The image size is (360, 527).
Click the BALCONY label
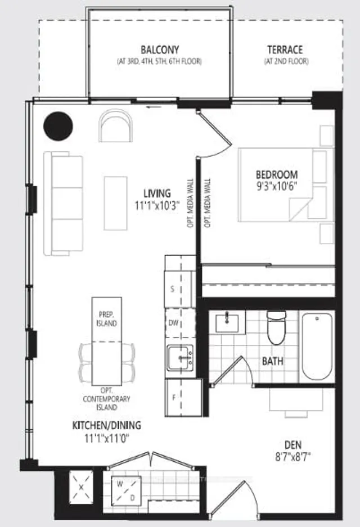156,49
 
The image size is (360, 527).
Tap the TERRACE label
285,49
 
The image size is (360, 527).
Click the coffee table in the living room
115,203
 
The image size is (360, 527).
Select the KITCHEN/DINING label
106,425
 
